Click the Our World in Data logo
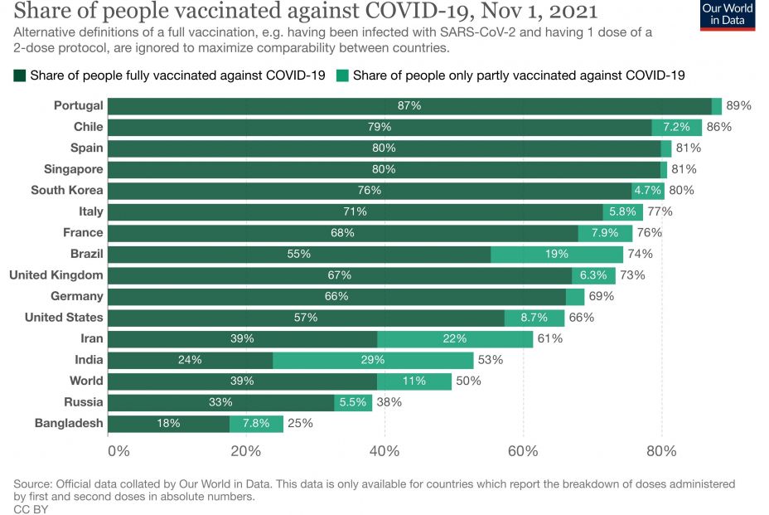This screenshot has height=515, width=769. click(728, 15)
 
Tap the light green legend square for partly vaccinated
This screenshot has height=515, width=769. click(342, 75)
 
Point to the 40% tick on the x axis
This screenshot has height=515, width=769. click(384, 451)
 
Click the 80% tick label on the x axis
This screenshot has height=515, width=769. click(661, 451)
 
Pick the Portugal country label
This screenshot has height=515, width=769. click(79, 105)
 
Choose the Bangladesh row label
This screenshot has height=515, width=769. click(69, 423)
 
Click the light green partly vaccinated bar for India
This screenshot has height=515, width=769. click(373, 360)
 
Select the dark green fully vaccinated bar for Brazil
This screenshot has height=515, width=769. click(299, 254)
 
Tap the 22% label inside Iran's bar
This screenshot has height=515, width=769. click(454, 338)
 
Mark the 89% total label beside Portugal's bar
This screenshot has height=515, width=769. click(738, 105)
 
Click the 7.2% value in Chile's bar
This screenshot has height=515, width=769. click(676, 127)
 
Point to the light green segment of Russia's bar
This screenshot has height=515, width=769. click(353, 402)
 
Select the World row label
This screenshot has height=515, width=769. click(86, 381)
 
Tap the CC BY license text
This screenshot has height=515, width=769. click(31, 509)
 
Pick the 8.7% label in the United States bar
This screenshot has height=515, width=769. click(534, 318)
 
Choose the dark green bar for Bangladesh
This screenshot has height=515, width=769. click(169, 423)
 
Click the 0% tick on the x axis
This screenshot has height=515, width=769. click(118, 451)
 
